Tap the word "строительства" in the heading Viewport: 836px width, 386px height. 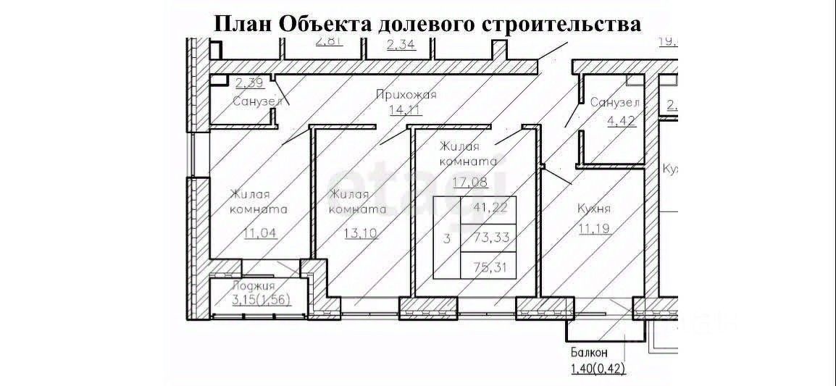[557, 23]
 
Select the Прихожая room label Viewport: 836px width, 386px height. [406, 95]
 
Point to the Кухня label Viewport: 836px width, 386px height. [593, 209]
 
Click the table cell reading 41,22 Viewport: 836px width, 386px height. [488, 208]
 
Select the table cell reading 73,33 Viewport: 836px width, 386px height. [488, 238]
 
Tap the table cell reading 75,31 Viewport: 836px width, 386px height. [488, 267]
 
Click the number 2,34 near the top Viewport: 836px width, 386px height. [401, 46]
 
